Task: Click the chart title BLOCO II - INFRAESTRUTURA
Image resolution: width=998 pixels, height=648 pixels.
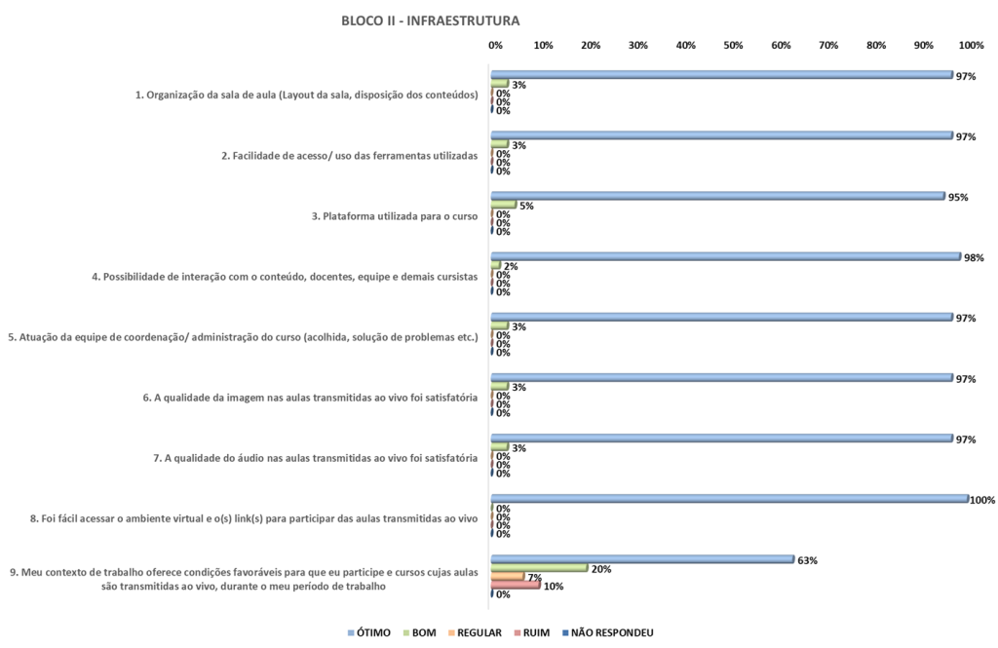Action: (430, 20)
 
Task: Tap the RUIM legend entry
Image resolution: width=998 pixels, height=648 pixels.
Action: (533, 632)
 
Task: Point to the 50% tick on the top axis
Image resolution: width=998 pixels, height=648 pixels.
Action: (733, 46)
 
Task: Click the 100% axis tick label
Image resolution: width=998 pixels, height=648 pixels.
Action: (971, 46)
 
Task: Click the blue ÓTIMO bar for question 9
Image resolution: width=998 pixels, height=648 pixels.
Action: (642, 559)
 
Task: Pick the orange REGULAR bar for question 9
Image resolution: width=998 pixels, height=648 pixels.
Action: (508, 577)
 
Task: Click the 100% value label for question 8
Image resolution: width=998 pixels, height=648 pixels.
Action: (981, 500)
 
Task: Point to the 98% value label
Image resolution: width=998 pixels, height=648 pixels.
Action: (974, 257)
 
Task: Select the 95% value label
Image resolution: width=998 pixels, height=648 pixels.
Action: (958, 197)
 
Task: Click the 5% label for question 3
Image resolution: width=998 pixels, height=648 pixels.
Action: (526, 206)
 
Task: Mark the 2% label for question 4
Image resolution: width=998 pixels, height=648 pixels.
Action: (510, 266)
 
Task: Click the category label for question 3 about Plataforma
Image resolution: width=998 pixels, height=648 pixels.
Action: (395, 216)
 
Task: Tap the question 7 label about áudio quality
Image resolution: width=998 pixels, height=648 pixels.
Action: (316, 458)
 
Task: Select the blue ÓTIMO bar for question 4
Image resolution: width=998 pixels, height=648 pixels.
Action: (726, 257)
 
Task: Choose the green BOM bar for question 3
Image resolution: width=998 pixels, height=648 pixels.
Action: (503, 205)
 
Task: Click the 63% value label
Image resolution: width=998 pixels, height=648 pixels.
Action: (807, 560)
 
